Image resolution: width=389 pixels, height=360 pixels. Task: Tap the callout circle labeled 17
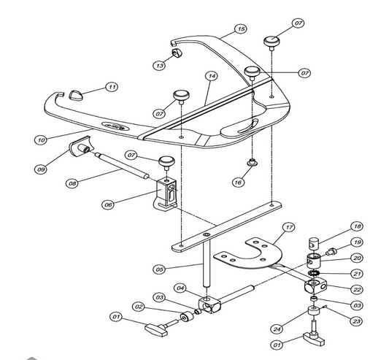(289, 228)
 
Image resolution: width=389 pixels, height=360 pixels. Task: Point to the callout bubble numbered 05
(160, 269)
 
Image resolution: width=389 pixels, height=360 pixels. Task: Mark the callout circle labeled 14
(211, 76)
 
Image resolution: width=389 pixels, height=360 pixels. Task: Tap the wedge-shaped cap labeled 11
(77, 93)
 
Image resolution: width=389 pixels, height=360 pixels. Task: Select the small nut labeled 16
(252, 163)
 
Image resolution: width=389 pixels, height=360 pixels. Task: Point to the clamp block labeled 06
(168, 195)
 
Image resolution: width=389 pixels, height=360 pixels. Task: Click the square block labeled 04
(209, 306)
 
